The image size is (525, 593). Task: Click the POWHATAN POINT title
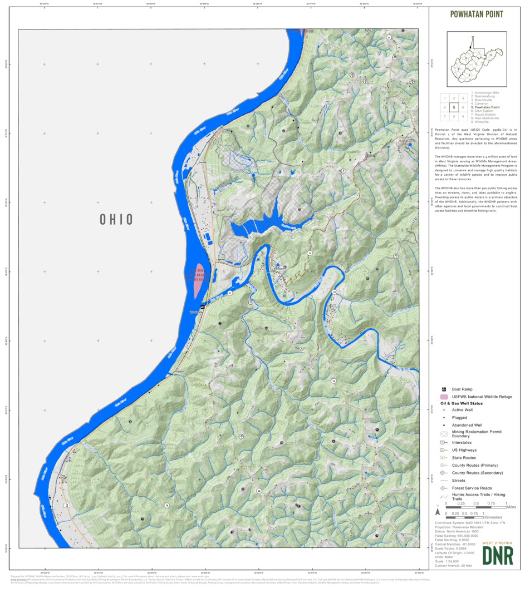(477, 14)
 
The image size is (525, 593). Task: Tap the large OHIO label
(116, 219)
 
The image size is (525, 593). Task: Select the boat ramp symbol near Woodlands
(203, 307)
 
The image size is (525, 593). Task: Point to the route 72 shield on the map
(310, 253)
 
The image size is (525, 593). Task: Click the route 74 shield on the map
(334, 291)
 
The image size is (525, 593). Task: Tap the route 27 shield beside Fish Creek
(229, 293)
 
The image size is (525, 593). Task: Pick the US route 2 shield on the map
(66, 505)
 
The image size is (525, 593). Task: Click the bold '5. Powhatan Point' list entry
(485, 107)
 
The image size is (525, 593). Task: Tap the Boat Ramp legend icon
(443, 389)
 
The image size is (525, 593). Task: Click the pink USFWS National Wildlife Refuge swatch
(443, 397)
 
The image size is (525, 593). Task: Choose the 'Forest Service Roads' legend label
(471, 488)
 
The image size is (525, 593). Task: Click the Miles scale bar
(475, 507)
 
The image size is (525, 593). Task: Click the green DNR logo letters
(498, 555)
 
